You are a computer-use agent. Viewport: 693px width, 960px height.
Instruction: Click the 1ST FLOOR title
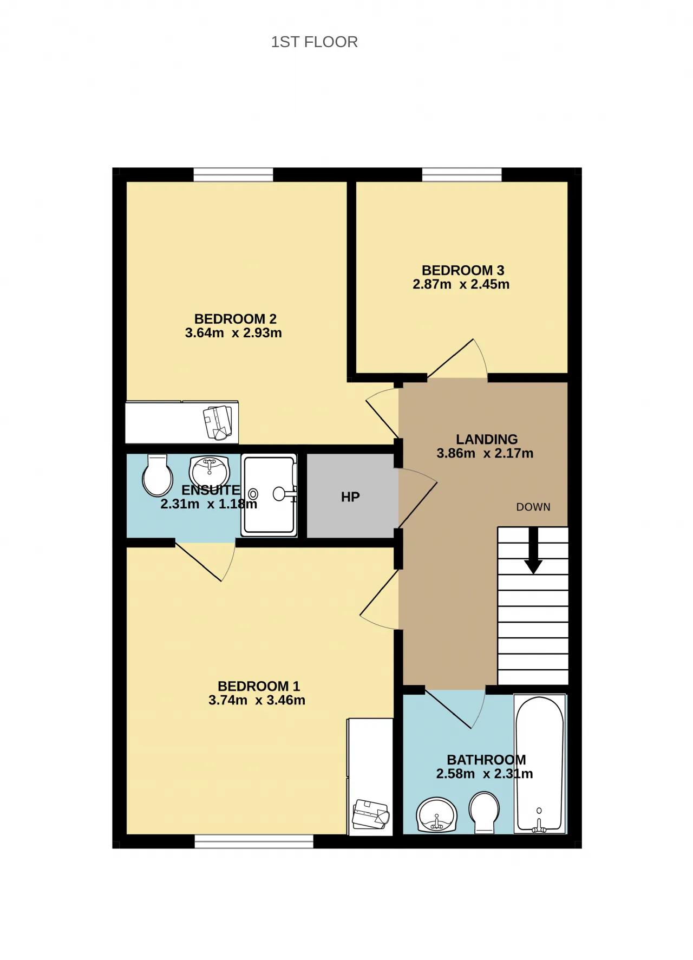pyautogui.click(x=314, y=42)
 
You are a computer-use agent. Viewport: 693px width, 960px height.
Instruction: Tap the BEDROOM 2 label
pyautogui.click(x=236, y=319)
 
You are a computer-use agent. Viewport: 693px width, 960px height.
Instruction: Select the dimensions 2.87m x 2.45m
pyautogui.click(x=461, y=284)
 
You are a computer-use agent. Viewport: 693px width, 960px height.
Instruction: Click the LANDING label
pyautogui.click(x=487, y=439)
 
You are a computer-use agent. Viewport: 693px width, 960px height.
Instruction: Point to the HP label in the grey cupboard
pyautogui.click(x=350, y=497)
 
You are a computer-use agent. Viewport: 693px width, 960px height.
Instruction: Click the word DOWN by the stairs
pyautogui.click(x=533, y=507)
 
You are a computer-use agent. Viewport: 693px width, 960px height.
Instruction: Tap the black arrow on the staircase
pyautogui.click(x=533, y=550)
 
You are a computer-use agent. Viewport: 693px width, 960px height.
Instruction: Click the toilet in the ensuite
pyautogui.click(x=158, y=475)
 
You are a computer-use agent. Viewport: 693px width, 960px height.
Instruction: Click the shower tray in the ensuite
pyautogui.click(x=269, y=495)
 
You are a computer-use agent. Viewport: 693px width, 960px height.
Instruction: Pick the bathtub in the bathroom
pyautogui.click(x=540, y=764)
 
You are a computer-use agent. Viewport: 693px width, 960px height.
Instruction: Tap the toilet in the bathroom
pyautogui.click(x=484, y=813)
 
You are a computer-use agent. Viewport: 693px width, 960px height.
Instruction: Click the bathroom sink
pyautogui.click(x=437, y=815)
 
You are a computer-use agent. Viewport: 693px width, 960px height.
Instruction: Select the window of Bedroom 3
pyautogui.click(x=462, y=174)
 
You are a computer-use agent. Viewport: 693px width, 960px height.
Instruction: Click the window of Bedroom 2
pyautogui.click(x=233, y=174)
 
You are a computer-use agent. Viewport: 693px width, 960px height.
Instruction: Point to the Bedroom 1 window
pyautogui.click(x=254, y=841)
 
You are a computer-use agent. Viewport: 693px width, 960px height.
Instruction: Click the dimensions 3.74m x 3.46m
pyautogui.click(x=257, y=700)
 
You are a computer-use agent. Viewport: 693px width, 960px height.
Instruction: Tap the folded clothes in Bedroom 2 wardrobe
pyautogui.click(x=218, y=422)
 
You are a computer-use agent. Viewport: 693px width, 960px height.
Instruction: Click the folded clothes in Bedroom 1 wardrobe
pyautogui.click(x=371, y=814)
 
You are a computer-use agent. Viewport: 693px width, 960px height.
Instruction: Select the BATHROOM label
pyautogui.click(x=486, y=760)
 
